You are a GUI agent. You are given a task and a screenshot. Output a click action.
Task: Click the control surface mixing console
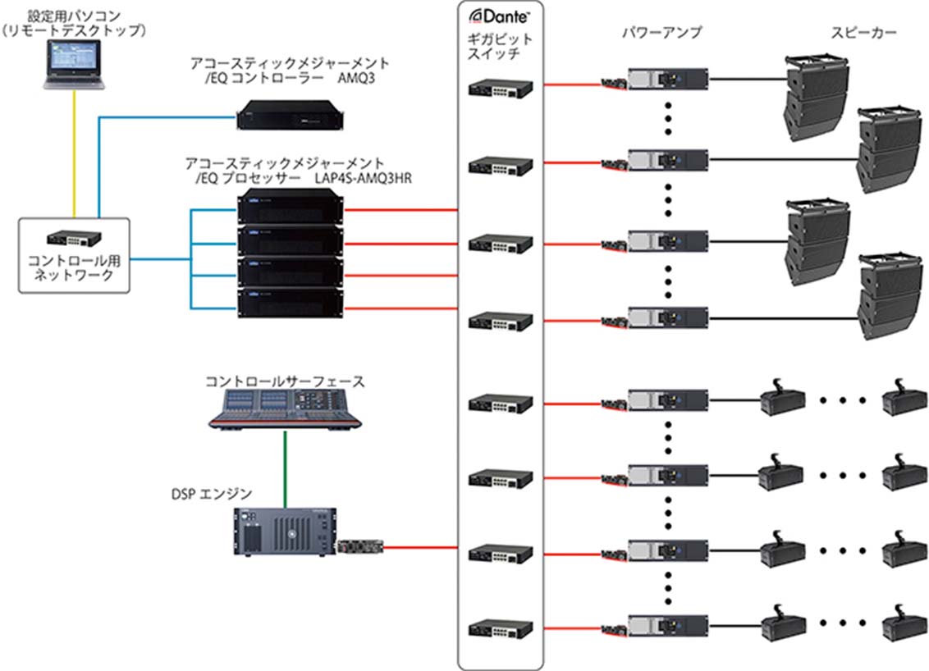click(285, 408)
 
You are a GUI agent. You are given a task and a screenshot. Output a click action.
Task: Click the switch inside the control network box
click(74, 239)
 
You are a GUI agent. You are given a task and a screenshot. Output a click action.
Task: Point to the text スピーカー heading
click(863, 34)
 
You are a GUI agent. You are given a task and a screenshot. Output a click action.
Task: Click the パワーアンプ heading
click(662, 34)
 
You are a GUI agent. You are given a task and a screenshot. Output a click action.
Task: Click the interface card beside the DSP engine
click(361, 545)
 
